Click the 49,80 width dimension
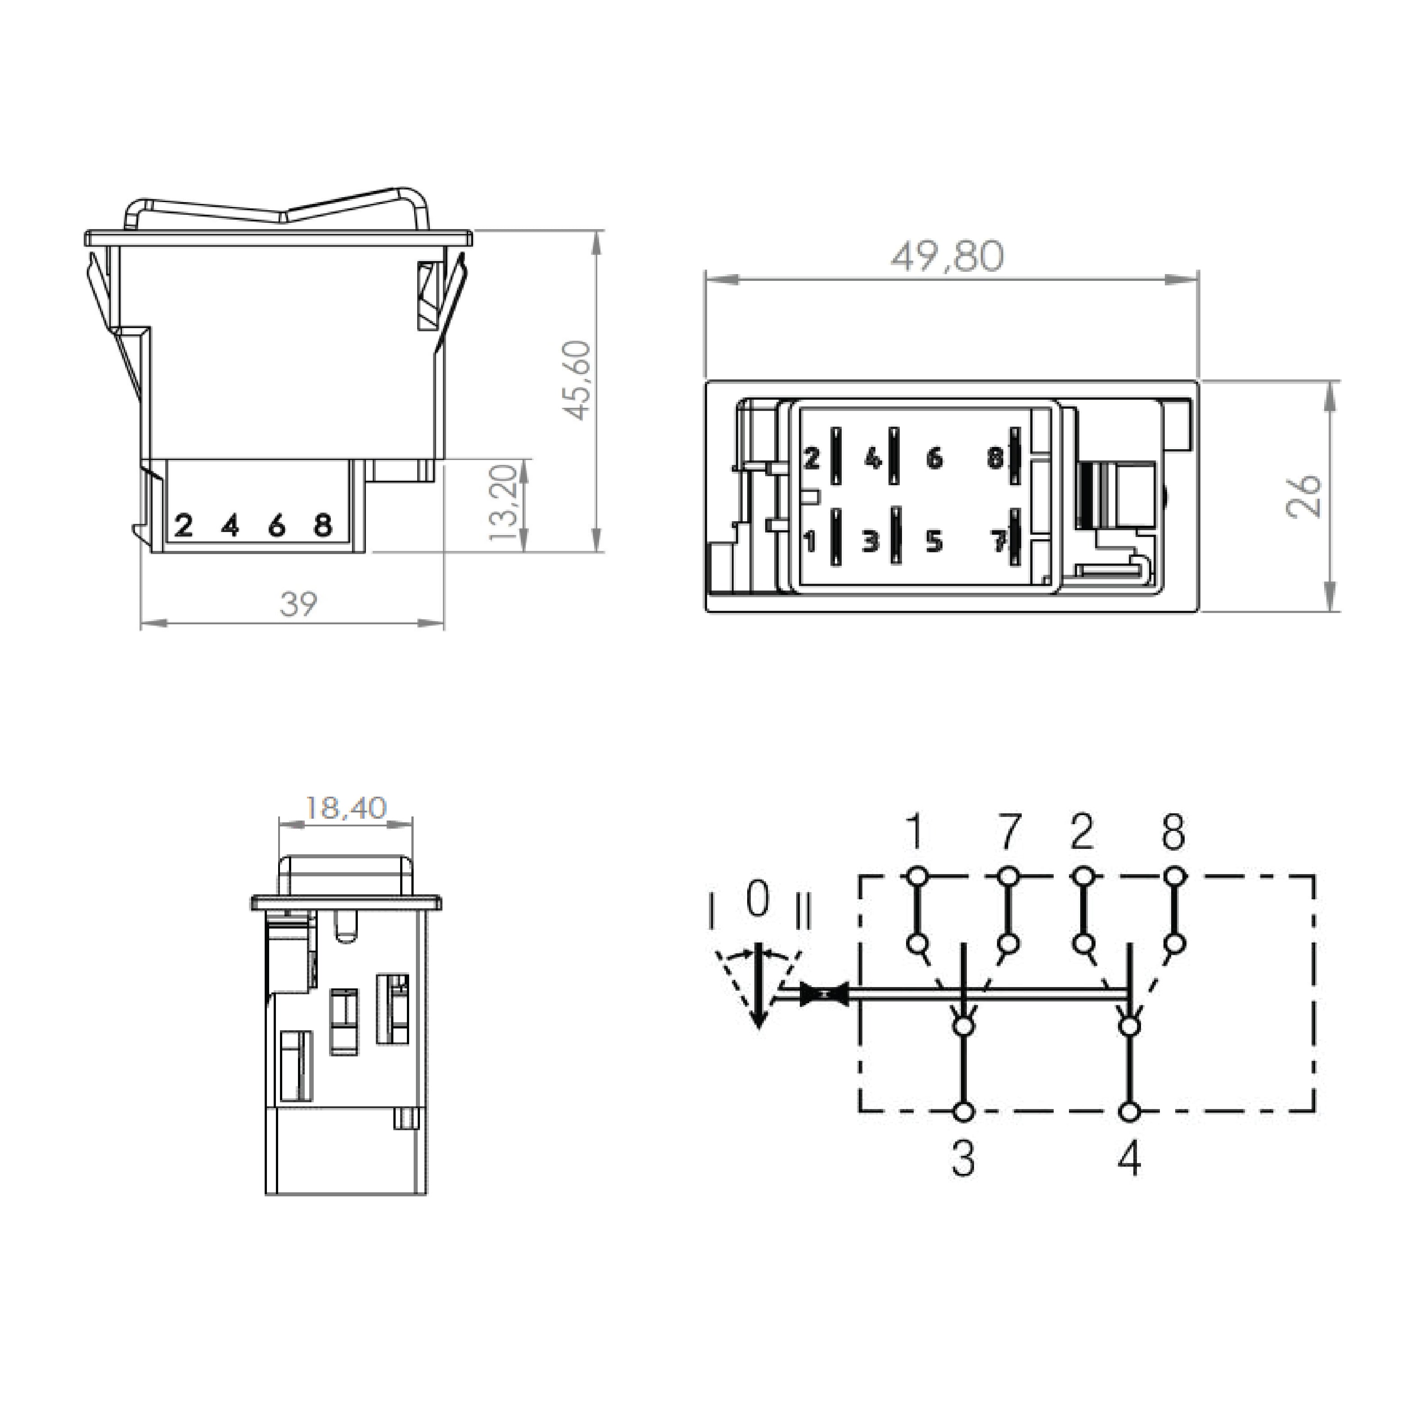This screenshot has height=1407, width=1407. tap(947, 257)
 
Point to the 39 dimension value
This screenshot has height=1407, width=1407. tap(298, 604)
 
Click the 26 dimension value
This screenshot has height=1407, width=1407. tap(1303, 495)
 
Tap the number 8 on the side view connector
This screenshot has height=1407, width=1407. tap(323, 525)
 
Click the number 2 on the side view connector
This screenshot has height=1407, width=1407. tap(184, 525)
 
